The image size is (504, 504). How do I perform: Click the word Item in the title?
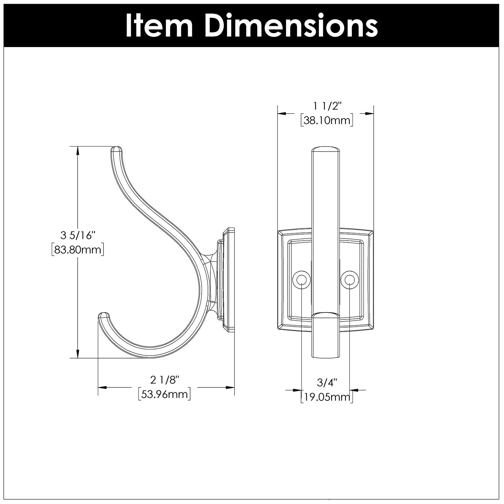(159, 26)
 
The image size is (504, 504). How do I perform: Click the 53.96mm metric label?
(165, 394)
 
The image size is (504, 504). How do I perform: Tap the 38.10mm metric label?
(327, 120)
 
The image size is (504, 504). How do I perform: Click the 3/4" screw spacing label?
(327, 382)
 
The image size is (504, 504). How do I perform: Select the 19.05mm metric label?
(327, 397)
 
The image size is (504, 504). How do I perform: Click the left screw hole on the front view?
(301, 280)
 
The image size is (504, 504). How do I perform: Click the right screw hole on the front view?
(349, 280)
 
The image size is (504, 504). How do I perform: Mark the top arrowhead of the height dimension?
(78, 151)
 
